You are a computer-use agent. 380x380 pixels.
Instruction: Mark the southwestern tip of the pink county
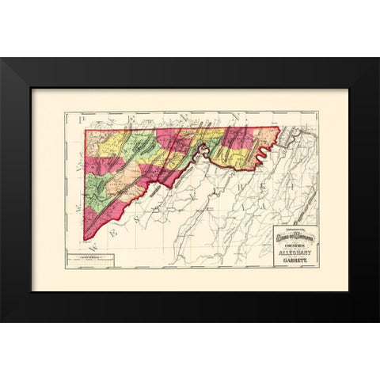pos(85,240)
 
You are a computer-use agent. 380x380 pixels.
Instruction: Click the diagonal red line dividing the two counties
pos(170,158)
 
